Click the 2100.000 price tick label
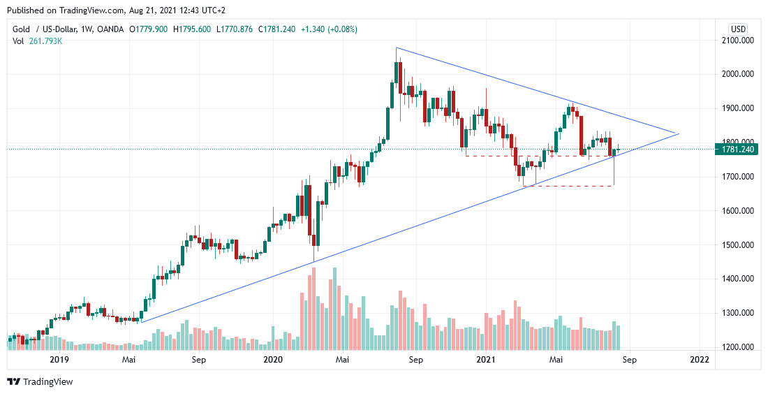point(741,41)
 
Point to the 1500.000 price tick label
point(741,245)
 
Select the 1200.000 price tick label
point(741,347)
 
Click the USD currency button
point(738,29)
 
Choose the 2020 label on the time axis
point(272,359)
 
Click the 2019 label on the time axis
point(58,359)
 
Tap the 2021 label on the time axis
point(486,359)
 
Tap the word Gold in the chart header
point(22,29)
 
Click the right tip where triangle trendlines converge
point(677,133)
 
